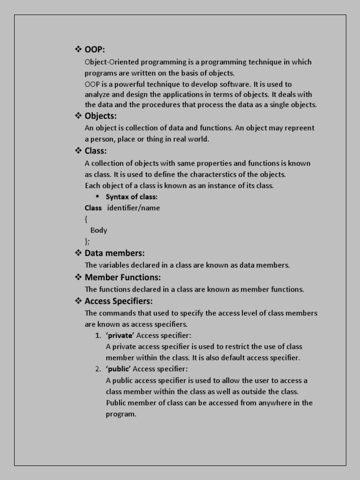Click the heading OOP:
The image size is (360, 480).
tap(95, 50)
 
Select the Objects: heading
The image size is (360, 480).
tap(100, 116)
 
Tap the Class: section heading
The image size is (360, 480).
tap(96, 151)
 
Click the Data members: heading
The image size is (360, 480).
tap(114, 253)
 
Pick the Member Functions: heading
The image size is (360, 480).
tap(122, 277)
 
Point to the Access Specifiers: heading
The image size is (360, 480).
tap(119, 301)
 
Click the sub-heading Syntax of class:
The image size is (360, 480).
tap(131, 197)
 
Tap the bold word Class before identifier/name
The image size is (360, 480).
tap(93, 208)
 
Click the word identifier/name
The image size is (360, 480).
tap(134, 208)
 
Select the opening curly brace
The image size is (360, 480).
tap(86, 219)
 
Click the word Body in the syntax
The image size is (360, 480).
tap(98, 230)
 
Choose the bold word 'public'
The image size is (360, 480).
tap(118, 369)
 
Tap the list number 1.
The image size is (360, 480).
tap(97, 336)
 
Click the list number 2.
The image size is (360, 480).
tap(97, 369)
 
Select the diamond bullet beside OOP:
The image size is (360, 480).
tap(78, 50)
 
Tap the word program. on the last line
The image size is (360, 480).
tap(121, 414)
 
